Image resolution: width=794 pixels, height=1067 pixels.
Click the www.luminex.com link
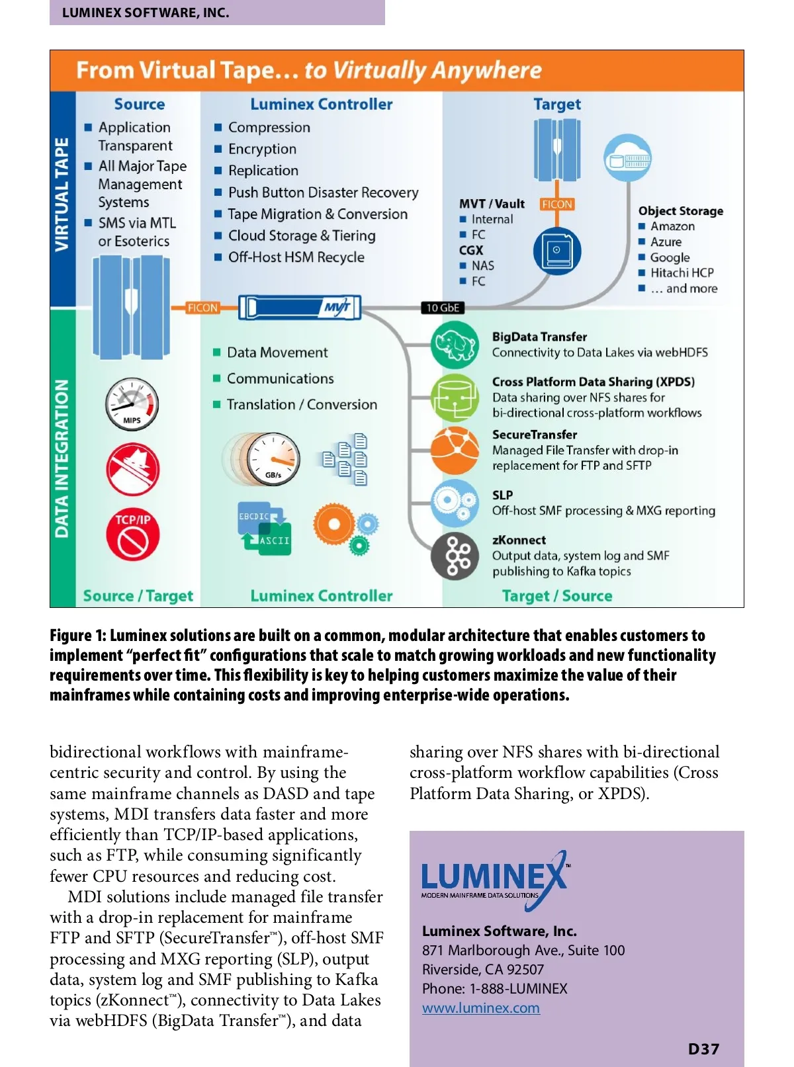[x=480, y=1008]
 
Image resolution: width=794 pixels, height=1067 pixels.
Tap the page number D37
[x=703, y=1049]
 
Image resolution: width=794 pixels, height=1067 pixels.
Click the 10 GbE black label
[x=442, y=308]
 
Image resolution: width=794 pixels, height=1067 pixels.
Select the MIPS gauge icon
[x=132, y=404]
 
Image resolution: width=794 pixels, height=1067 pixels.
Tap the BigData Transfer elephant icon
[x=455, y=345]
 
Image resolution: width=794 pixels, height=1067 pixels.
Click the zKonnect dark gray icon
[x=455, y=556]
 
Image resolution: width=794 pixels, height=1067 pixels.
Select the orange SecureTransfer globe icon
[x=455, y=450]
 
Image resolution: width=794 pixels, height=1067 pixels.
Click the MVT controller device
[x=300, y=308]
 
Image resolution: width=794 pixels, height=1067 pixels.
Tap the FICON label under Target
[x=556, y=204]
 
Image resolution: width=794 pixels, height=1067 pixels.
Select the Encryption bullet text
[x=262, y=149]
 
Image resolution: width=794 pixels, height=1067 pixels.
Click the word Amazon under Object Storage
[x=672, y=226]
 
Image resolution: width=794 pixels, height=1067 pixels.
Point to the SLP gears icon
[x=455, y=502]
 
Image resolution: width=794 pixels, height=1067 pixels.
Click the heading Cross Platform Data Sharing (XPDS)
[x=593, y=382]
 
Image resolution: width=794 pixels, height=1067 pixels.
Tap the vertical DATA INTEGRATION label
[x=62, y=458]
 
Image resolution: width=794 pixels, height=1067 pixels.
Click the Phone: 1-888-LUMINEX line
[x=494, y=988]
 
